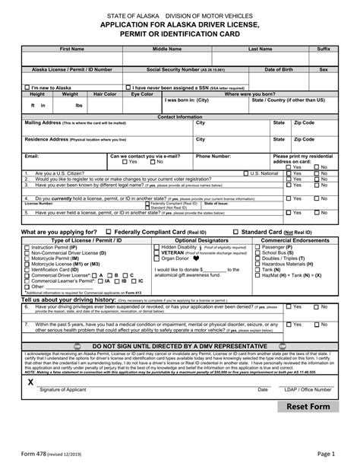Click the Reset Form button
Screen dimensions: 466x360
[x=308, y=428]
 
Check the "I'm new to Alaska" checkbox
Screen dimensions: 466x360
[x=28, y=87]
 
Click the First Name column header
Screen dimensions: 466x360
[x=72, y=48]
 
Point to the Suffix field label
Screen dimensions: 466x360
[x=324, y=48]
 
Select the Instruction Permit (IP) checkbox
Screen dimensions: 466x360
[x=28, y=247]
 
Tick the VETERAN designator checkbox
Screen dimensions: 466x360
[x=157, y=252]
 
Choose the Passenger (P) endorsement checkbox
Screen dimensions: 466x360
[x=258, y=247]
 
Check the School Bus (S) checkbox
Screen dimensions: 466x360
[x=258, y=252]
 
